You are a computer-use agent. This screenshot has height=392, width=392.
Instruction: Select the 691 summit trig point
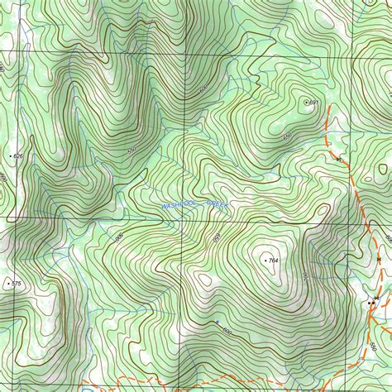point(307,102)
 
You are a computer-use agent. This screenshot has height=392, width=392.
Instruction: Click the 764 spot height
point(265,261)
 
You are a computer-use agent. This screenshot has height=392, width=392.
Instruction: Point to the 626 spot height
point(11,155)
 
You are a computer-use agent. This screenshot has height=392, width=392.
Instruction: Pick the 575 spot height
point(8,284)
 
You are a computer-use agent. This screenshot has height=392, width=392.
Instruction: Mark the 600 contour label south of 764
point(227,331)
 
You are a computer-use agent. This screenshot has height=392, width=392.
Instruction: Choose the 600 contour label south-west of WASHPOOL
point(119,237)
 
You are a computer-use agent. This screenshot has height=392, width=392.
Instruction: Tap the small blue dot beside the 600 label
point(217,321)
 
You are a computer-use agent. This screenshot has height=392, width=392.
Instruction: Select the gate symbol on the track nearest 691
point(338,159)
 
